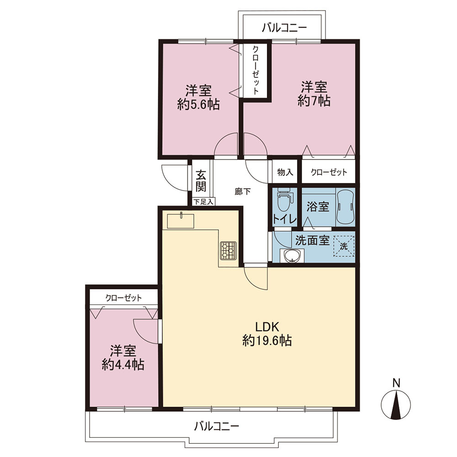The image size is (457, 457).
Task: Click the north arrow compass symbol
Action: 396,405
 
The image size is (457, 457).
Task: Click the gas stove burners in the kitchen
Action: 228,250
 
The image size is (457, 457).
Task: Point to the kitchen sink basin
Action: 181,221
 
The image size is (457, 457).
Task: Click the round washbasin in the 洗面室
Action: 291,256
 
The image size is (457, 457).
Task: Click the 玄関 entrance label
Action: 201,181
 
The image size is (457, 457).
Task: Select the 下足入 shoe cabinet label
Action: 203,202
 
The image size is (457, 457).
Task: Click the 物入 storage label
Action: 285,172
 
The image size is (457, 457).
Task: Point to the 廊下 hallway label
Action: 243,191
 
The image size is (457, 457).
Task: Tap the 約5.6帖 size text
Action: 198,104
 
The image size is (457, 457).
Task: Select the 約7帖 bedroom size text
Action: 314,101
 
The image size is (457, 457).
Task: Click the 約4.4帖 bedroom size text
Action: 123,364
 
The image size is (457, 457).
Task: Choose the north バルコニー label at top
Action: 284,28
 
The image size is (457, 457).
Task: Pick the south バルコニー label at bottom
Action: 217,427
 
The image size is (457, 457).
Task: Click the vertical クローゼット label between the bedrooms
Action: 255,70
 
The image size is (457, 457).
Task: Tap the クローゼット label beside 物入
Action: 329,172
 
